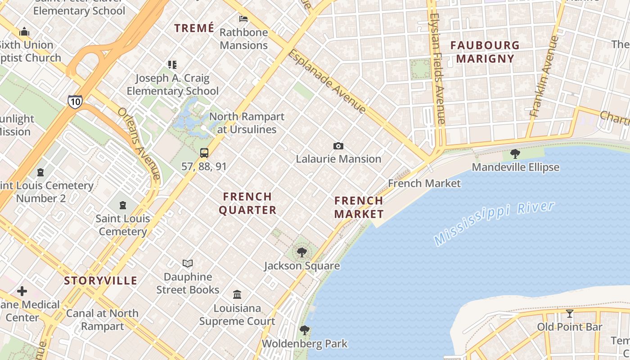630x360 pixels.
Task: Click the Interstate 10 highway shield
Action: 75,102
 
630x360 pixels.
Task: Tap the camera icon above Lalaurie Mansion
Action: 338,146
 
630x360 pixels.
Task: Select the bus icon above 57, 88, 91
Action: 204,153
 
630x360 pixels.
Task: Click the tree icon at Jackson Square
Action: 302,252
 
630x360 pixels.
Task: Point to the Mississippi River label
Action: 495,223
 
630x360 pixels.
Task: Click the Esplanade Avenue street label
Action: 327,81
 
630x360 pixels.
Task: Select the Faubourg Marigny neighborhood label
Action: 485,52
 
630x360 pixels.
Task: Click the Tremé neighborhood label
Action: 194,28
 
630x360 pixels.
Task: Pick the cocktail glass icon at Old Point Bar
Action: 570,313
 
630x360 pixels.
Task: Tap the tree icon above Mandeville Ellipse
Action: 515,154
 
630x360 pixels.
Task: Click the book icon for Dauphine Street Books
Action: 188,263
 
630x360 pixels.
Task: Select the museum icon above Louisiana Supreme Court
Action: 237,295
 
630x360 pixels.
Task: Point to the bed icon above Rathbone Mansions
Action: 243,19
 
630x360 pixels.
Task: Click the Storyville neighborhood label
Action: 100,281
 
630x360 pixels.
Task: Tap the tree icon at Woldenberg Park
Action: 305,330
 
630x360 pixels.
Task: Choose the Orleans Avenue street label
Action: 139,143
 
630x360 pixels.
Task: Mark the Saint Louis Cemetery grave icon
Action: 122,206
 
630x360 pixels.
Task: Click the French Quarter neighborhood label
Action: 247,203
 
